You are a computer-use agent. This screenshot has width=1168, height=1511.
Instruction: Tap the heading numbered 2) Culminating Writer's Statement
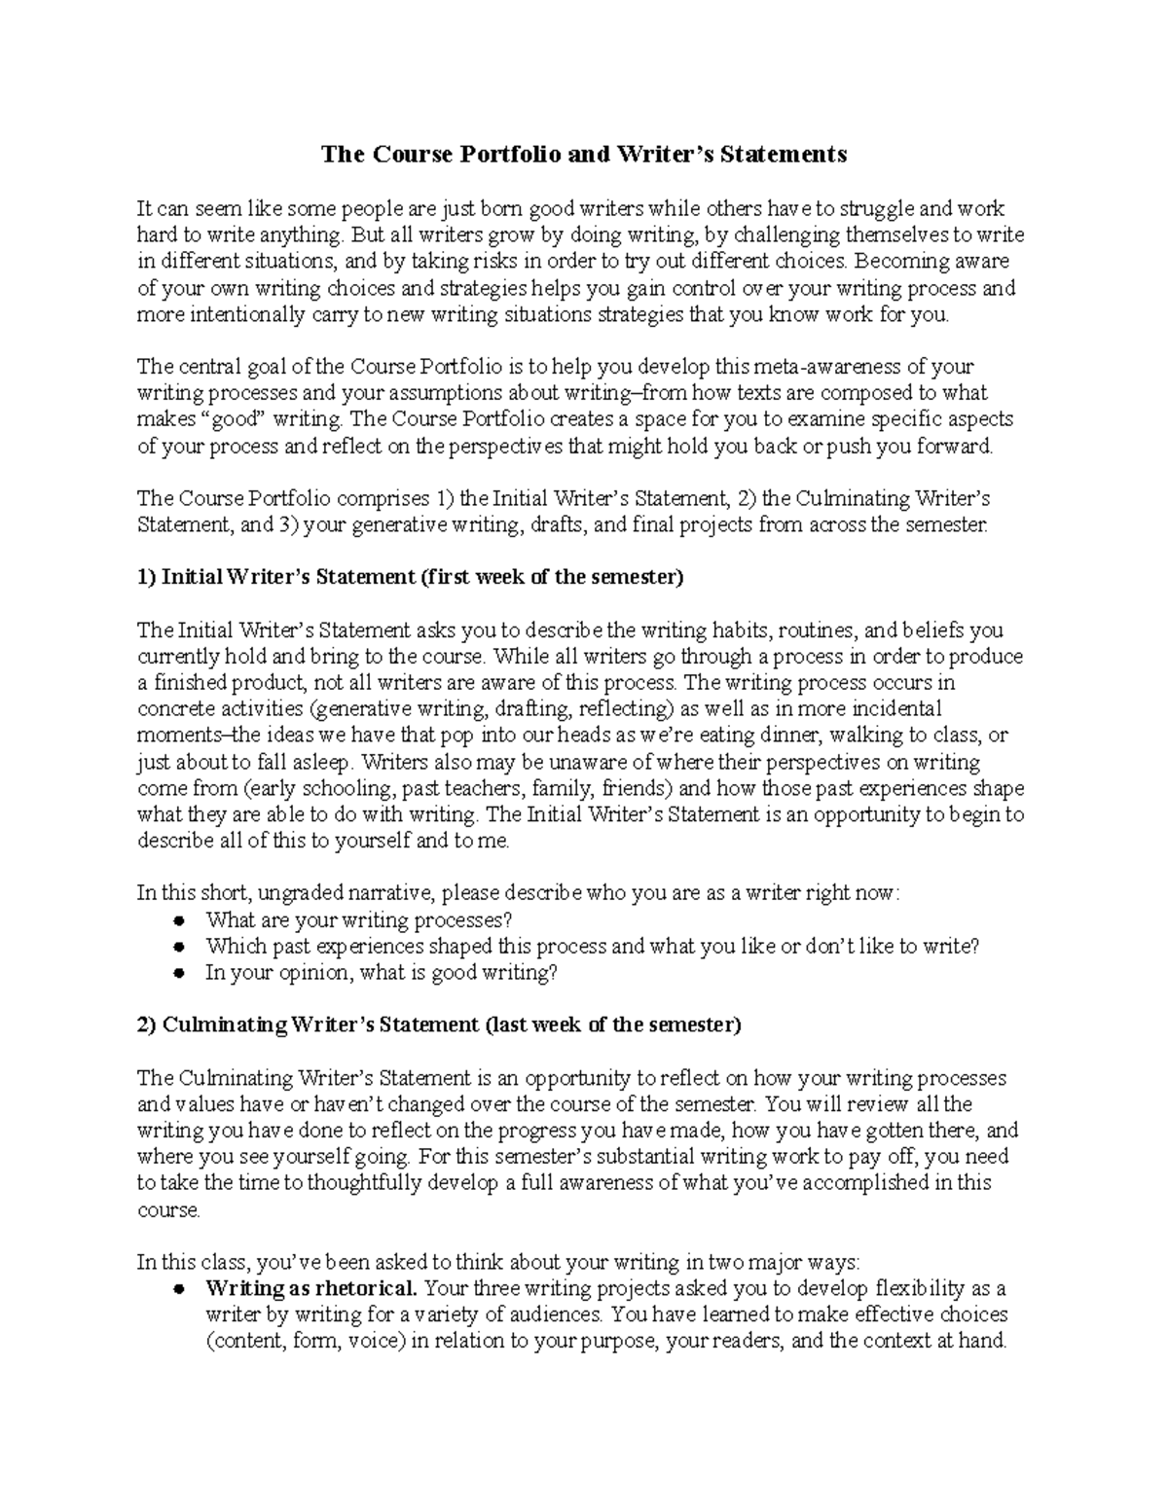point(438,1025)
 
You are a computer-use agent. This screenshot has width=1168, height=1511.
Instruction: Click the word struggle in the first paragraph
point(880,208)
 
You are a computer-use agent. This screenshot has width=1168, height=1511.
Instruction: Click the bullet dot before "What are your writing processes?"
point(179,921)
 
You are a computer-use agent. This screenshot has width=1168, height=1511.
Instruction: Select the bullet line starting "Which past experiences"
point(591,947)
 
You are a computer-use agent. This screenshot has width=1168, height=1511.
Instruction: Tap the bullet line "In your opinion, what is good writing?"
point(382,973)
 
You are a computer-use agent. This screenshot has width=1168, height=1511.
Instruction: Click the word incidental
point(882,709)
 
